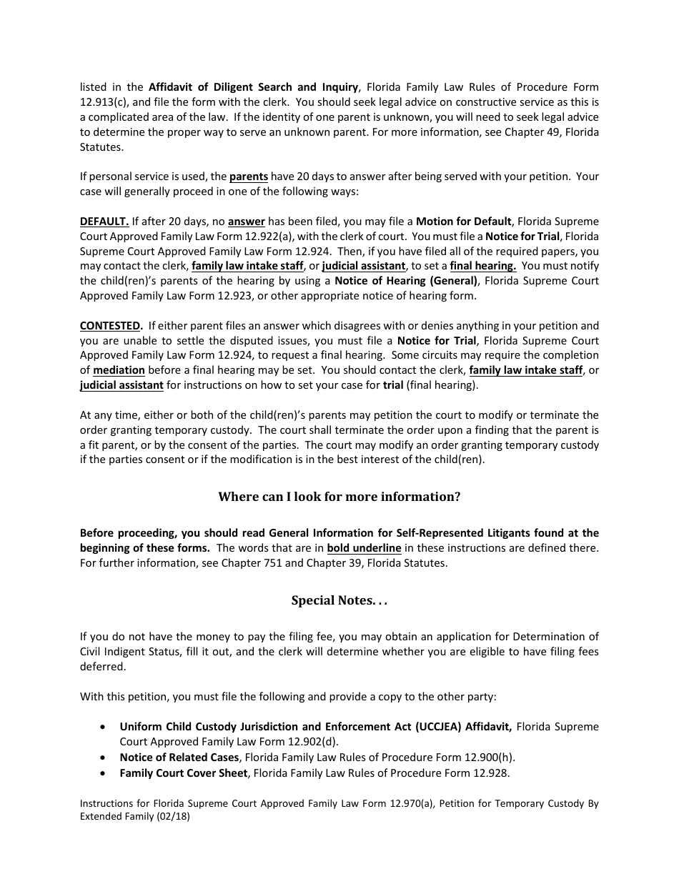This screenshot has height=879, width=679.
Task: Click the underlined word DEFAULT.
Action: [x=104, y=221]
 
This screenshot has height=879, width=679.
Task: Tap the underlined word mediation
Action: [x=119, y=370]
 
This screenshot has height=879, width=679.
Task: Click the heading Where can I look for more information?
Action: [x=339, y=497]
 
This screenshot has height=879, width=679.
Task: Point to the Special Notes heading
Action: [x=339, y=600]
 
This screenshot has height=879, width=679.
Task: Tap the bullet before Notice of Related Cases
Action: [x=104, y=757]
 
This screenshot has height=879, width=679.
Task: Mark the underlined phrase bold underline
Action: [x=364, y=548]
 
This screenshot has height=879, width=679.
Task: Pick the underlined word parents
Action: [x=248, y=177]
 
